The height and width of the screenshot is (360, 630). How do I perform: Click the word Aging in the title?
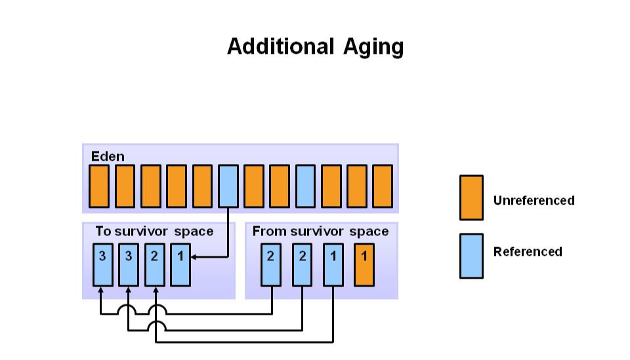coord(373,47)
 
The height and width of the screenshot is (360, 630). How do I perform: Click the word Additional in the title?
coord(281,47)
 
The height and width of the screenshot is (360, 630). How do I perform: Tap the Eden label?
coord(108,157)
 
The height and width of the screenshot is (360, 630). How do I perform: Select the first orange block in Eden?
coord(99,186)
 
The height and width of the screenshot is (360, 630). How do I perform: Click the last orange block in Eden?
coord(383,186)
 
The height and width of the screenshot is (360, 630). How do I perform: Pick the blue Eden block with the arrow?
coord(228,186)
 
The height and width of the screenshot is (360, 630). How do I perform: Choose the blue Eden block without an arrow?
coord(305,186)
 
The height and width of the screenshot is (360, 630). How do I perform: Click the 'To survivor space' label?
coord(154,231)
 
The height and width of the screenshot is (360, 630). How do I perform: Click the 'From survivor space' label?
coord(320,231)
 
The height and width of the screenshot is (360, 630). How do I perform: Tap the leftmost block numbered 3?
coord(102,264)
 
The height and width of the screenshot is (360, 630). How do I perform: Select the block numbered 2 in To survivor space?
coord(154,264)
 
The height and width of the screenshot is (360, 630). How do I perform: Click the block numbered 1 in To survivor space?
coord(180,264)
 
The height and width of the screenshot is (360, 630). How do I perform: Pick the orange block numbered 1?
coord(364,264)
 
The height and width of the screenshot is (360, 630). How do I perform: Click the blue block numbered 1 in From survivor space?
coord(333,264)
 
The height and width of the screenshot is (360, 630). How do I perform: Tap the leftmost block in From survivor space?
coord(271,264)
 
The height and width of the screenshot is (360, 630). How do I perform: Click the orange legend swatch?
coord(471,197)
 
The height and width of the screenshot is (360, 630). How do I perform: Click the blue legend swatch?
coord(471,256)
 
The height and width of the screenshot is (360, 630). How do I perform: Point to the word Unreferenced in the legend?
coord(534,201)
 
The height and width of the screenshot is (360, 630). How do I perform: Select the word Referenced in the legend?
coord(528,252)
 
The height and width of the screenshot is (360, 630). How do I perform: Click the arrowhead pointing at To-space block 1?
coord(195,257)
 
